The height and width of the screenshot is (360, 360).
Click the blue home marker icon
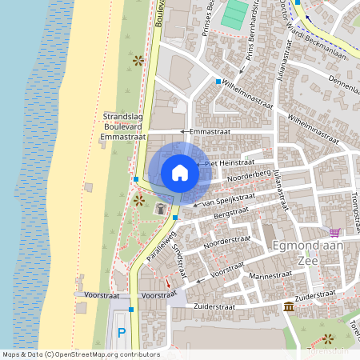180,172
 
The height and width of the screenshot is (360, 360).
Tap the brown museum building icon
288,307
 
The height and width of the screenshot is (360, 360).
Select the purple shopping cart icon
334,232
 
